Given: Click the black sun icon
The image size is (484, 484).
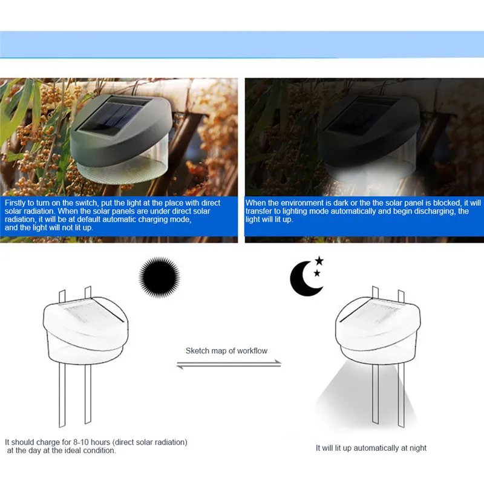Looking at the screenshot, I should [x=160, y=278].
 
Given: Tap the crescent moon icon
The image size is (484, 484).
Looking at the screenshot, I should [x=304, y=280].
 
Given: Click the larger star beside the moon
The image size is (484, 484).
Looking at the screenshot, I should [x=319, y=261].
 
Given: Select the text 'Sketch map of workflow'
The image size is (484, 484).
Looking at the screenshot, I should [x=226, y=351].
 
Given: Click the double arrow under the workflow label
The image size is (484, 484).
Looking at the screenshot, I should [x=229, y=364].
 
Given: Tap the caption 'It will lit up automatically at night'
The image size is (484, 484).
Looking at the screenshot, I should [x=371, y=448].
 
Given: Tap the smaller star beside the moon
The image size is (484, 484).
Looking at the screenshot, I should [x=317, y=273].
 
